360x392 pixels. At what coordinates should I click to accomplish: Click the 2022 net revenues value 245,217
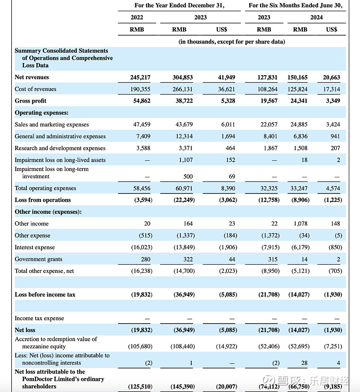tap(140, 77)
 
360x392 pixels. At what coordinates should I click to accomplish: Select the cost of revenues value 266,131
tap(183, 89)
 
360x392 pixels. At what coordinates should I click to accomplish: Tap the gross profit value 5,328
tap(228, 101)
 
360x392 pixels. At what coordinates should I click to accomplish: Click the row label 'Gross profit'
tap(31, 101)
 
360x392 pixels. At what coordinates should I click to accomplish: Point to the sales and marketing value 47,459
tap(142, 124)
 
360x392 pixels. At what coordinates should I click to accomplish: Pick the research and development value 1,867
tap(270, 148)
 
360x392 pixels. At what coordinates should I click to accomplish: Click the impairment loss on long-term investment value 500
tap(188, 176)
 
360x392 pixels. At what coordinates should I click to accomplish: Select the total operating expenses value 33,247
tap(299, 188)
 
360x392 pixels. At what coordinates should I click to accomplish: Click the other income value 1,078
tap(301, 224)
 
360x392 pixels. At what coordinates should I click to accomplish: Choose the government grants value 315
tap(273, 259)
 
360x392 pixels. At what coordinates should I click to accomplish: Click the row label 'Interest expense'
tap(35, 247)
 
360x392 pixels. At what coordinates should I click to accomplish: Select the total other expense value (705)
tap(335, 271)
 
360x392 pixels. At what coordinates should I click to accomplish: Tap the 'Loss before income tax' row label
tap(45, 294)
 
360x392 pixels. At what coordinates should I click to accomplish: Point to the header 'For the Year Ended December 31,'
tap(180, 5)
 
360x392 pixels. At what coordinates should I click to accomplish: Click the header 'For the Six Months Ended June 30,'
tap(296, 5)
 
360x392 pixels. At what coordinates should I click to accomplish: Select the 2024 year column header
tap(316, 17)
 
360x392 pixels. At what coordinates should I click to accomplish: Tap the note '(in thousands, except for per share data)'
tap(232, 41)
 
